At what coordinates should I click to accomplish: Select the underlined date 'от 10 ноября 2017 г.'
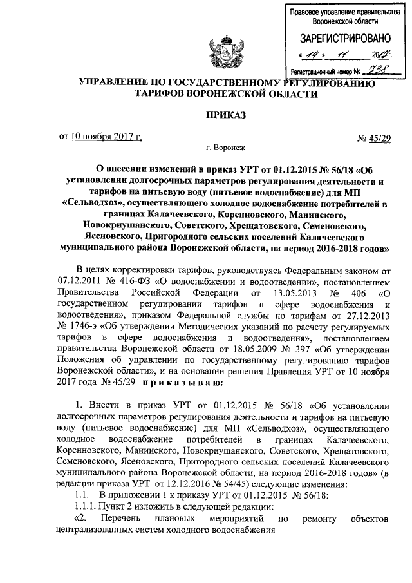tap(100, 137)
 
